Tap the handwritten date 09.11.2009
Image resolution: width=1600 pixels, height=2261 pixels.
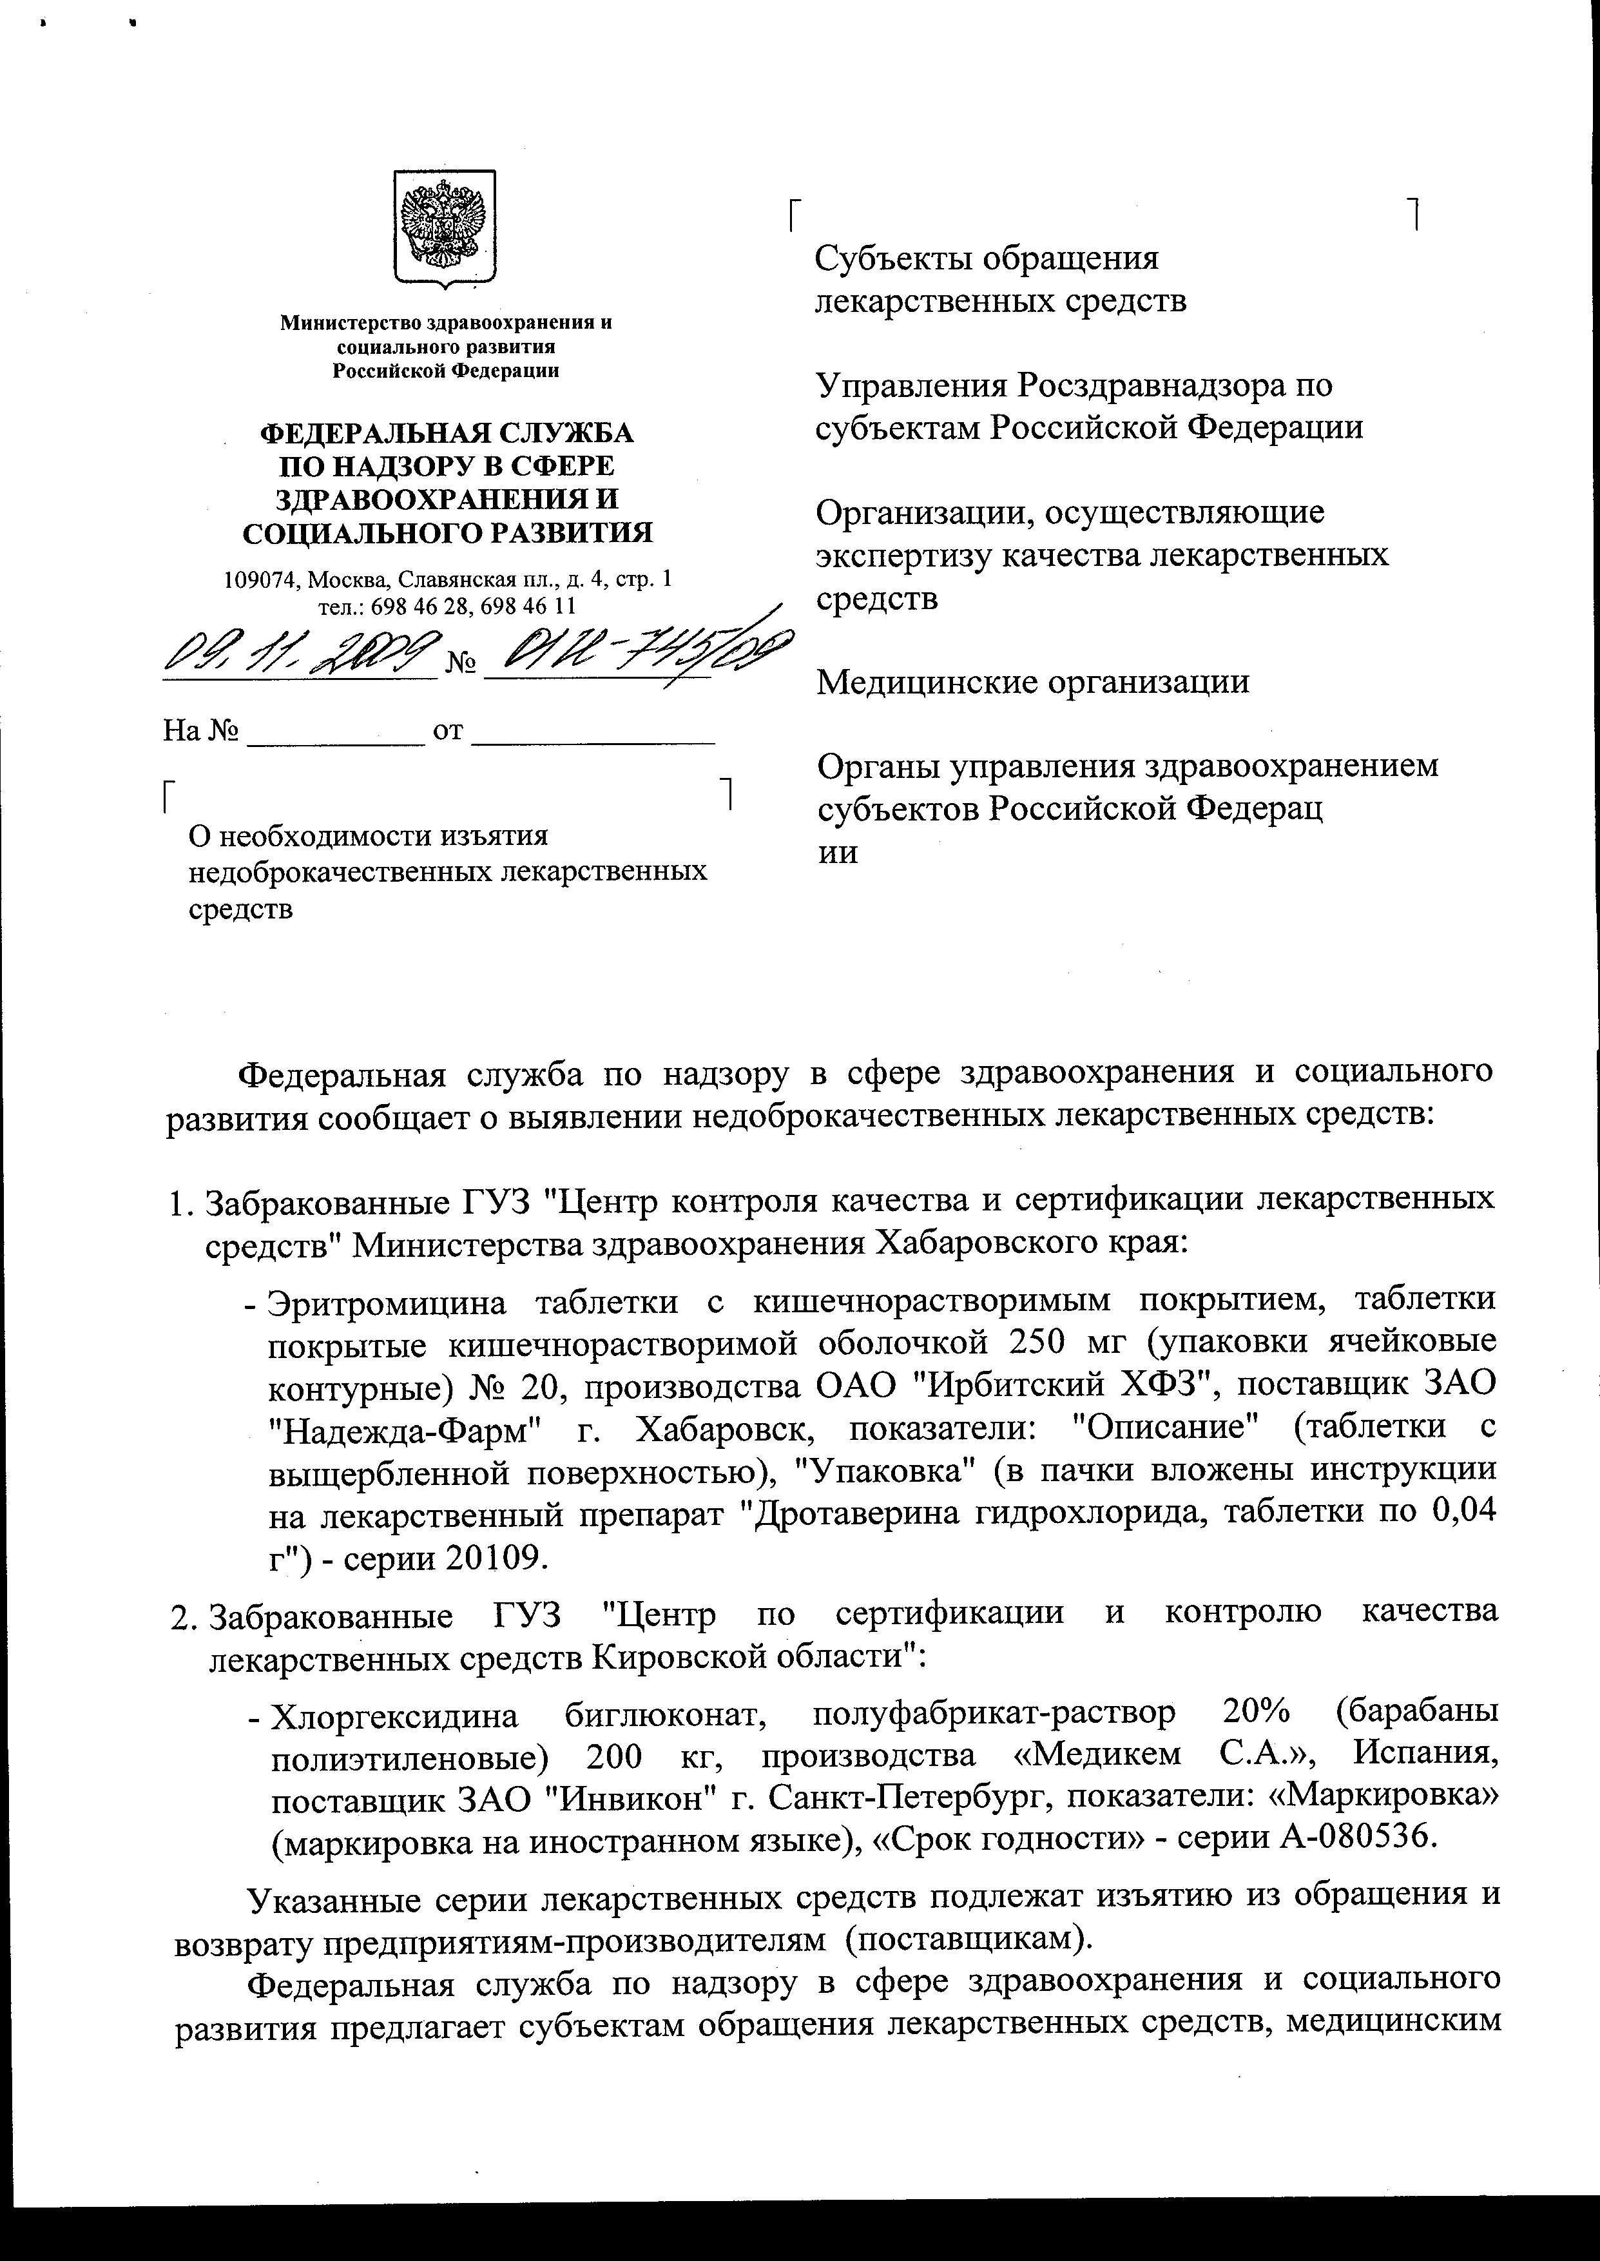click(300, 652)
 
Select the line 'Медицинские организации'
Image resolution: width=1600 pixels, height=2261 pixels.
click(1032, 682)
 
